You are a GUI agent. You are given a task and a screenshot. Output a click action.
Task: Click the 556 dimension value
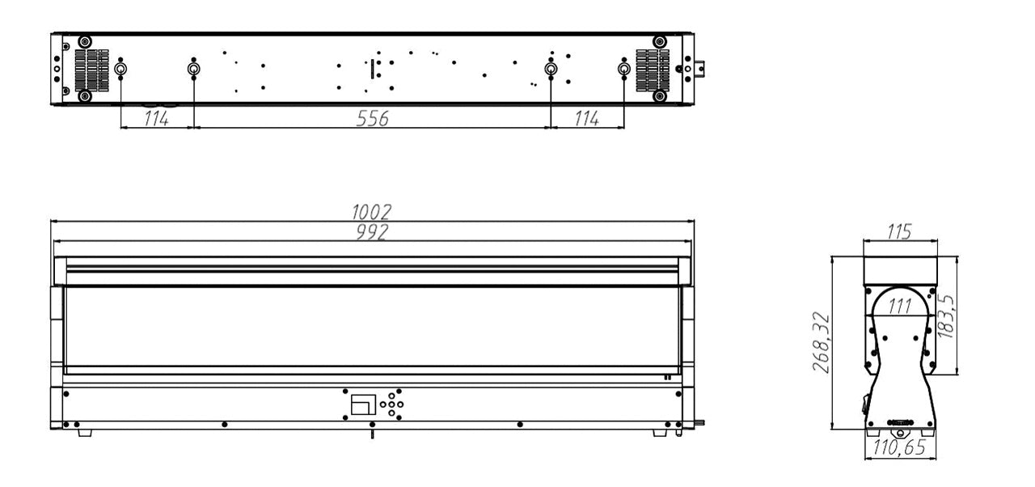(372, 118)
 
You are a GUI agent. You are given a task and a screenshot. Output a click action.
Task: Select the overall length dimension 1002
(371, 212)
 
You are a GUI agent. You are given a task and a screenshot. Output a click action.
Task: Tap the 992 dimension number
(371, 232)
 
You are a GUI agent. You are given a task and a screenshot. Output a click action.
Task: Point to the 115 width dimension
(900, 232)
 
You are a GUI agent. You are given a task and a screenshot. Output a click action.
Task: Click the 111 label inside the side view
(899, 307)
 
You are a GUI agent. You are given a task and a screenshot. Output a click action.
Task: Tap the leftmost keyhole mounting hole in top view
(120, 70)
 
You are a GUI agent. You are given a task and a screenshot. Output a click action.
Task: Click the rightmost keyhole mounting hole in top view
(624, 70)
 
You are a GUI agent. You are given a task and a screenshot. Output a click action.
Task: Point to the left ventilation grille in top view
(93, 70)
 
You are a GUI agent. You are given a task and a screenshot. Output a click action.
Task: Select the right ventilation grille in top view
(653, 70)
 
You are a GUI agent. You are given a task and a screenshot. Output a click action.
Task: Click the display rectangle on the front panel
(364, 404)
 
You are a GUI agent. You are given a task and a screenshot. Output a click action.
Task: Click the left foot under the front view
(85, 433)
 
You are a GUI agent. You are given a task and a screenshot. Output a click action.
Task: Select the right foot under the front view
(660, 433)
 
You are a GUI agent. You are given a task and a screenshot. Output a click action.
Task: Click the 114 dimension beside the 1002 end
(587, 118)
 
